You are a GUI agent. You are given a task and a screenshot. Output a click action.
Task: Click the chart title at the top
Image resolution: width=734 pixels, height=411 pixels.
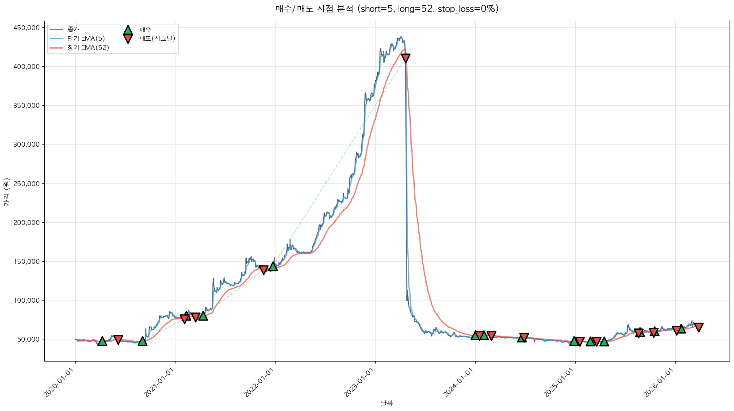387,9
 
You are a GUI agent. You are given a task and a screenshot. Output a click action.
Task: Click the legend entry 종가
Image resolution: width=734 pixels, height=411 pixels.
73,29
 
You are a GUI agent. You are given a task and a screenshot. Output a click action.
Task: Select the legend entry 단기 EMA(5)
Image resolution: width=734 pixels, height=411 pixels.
86,38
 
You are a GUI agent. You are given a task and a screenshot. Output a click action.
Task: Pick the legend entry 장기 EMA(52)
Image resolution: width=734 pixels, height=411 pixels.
88,48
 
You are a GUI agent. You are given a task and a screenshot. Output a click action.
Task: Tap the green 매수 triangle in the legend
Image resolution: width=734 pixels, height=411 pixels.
128,30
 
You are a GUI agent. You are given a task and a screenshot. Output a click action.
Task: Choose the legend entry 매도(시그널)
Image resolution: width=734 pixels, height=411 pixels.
157,38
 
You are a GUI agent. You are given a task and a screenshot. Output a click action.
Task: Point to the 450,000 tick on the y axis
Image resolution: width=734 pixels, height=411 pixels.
27,28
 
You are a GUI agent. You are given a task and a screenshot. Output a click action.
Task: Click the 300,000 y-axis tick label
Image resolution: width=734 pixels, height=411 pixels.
27,145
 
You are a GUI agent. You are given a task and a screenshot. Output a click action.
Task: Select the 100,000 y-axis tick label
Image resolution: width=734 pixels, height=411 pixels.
27,301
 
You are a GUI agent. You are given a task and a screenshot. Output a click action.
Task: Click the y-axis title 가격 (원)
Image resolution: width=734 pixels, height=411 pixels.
6,192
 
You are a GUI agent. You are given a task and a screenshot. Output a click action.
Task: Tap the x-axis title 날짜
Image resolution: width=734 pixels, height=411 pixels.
386,403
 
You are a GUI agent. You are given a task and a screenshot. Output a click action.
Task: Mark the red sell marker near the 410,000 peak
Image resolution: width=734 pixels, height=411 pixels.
405,58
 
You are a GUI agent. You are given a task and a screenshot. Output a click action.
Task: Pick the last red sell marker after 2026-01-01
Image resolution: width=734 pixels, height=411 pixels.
699,327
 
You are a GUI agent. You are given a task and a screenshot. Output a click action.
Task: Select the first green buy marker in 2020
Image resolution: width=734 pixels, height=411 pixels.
102,341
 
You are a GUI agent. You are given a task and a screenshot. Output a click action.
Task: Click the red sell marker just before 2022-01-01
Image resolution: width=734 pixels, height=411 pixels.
264,270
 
